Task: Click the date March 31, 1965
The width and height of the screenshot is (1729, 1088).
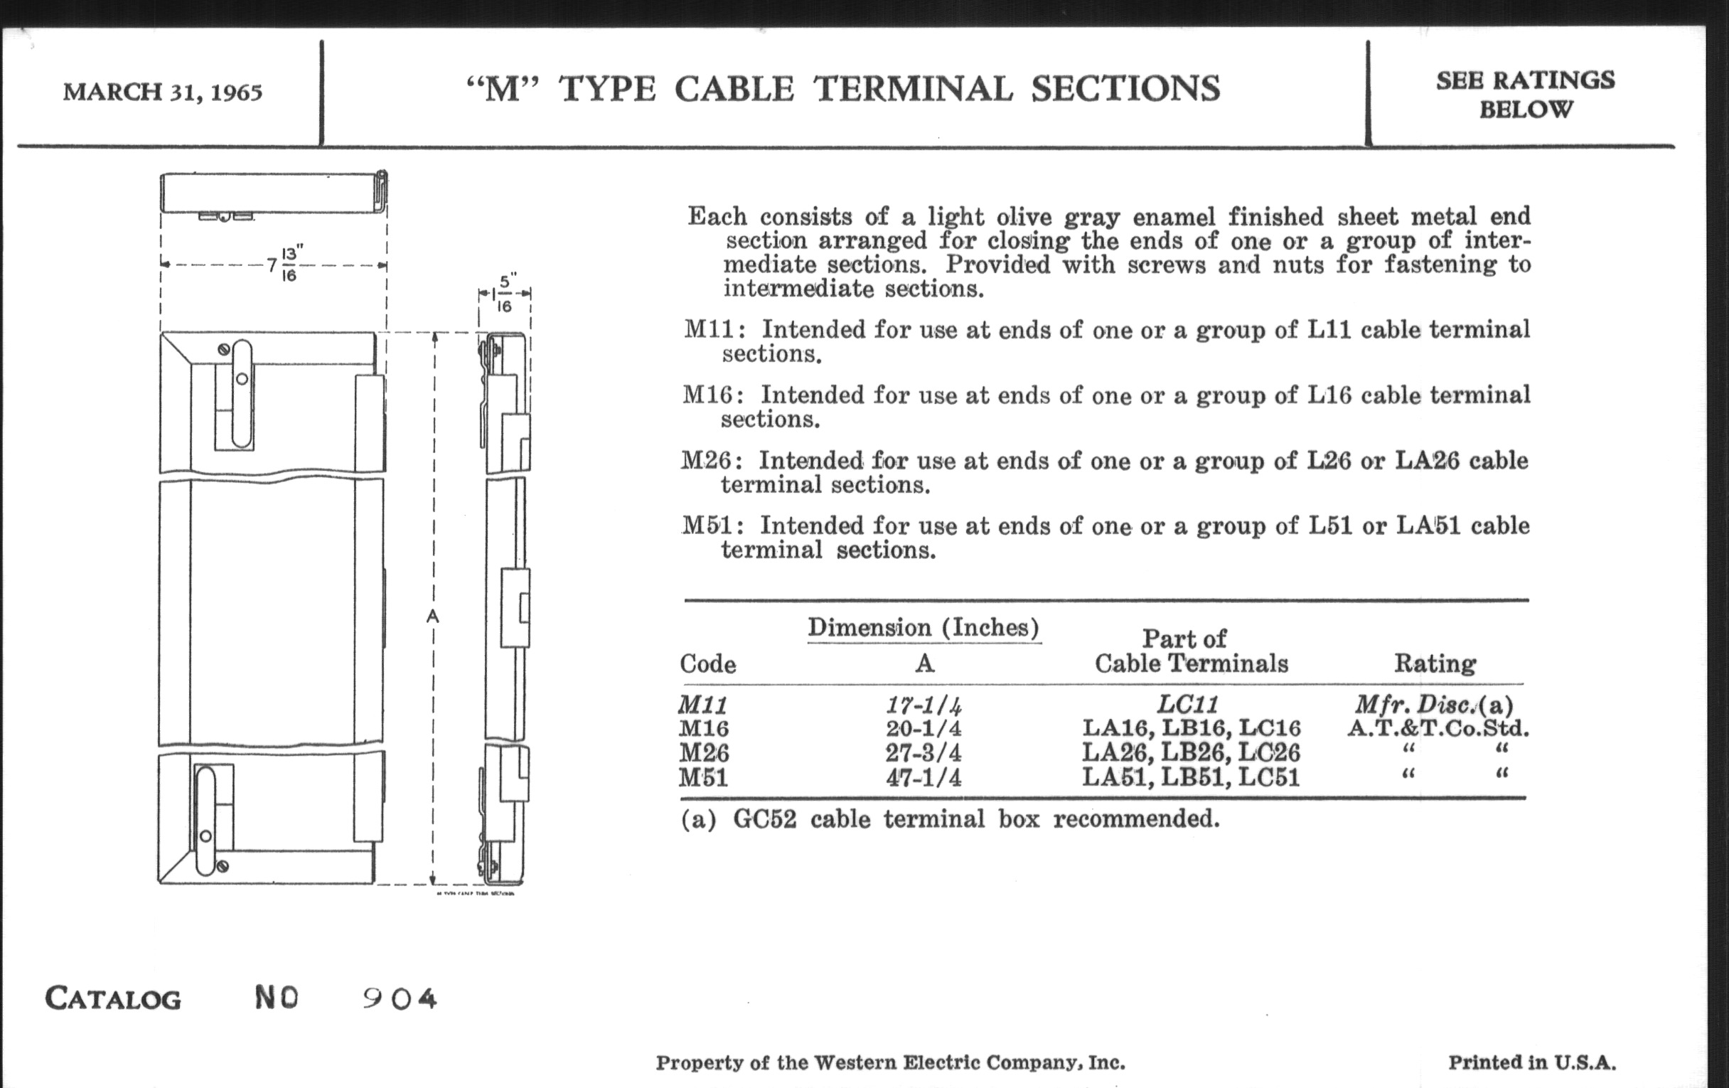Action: coord(162,92)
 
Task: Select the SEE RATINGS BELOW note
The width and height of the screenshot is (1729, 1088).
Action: coord(1525,94)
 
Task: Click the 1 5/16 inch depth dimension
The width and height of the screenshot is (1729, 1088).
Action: coord(504,294)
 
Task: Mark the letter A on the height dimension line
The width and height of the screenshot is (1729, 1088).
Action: coord(432,616)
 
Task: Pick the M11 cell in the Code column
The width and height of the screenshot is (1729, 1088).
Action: coord(704,705)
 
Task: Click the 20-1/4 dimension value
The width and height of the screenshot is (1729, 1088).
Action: coord(924,729)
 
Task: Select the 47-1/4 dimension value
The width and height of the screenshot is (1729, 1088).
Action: coord(924,778)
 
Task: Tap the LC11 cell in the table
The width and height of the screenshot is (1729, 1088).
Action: coord(1187,705)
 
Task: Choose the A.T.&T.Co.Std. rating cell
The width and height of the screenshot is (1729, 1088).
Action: coord(1438,729)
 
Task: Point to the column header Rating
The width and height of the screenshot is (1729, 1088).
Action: coord(1435,663)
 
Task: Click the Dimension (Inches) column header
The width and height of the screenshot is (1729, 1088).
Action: coord(924,628)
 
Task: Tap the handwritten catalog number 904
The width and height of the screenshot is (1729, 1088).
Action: coord(400,998)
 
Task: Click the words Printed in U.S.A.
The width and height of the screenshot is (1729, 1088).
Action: coord(1531,1063)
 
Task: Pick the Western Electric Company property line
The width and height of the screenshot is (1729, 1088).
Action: coord(889,1063)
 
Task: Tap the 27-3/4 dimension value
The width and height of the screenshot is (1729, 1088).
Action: coord(924,753)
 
